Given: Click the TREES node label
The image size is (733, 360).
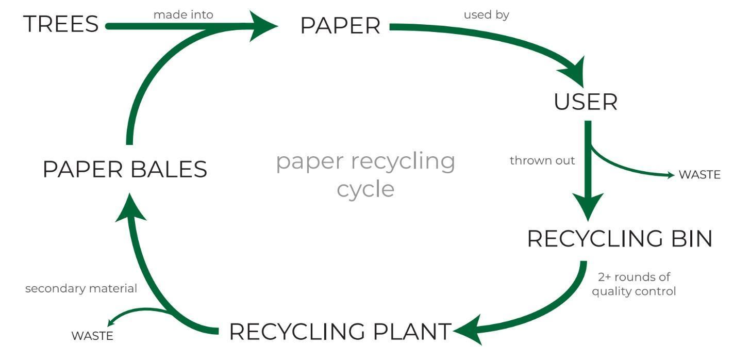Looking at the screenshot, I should pyautogui.click(x=61, y=24).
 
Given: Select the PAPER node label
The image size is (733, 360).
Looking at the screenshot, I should pyautogui.click(x=340, y=26).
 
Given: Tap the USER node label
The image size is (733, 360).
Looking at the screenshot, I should pyautogui.click(x=585, y=102).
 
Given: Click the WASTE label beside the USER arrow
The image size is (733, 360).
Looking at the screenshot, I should pyautogui.click(x=699, y=174).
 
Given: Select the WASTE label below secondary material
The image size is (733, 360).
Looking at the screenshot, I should pyautogui.click(x=92, y=336).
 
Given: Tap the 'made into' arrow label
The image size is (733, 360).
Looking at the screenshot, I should pyautogui.click(x=183, y=15).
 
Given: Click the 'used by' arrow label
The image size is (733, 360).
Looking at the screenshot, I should pyautogui.click(x=486, y=15).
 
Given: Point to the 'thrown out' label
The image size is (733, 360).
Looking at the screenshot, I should pyautogui.click(x=542, y=160).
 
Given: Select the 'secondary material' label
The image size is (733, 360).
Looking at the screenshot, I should pyautogui.click(x=81, y=288).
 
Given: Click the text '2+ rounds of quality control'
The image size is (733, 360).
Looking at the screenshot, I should pyautogui.click(x=633, y=284).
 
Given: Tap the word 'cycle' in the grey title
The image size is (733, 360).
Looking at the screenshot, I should pyautogui.click(x=365, y=189).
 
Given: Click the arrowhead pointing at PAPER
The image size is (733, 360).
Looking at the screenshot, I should pyautogui.click(x=263, y=26).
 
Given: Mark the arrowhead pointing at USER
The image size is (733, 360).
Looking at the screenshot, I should pyautogui.click(x=575, y=72).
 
